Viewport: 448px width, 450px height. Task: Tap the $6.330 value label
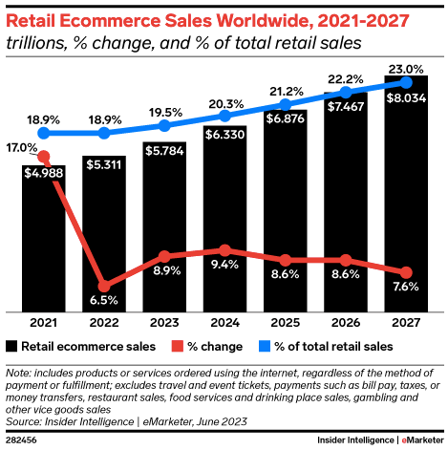tap(225, 135)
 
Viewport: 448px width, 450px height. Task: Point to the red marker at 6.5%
tap(103, 285)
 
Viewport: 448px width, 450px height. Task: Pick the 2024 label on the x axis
tap(225, 323)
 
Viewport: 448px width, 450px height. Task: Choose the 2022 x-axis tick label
tap(103, 323)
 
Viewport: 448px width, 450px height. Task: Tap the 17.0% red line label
tap(21, 148)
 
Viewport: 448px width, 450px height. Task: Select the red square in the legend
tap(177, 346)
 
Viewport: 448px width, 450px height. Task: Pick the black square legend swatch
tap(11, 346)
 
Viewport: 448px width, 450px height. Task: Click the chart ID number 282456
tap(21, 439)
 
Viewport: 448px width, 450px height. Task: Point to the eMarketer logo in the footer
tap(420, 439)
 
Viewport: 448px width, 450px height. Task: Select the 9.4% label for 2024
tap(225, 265)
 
